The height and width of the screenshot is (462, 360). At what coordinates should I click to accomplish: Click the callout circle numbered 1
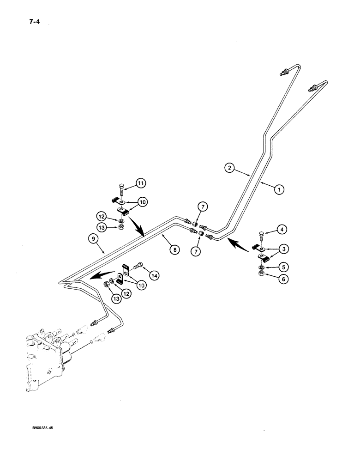pos(278,188)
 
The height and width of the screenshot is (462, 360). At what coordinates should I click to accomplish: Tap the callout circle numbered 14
pos(154,276)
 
